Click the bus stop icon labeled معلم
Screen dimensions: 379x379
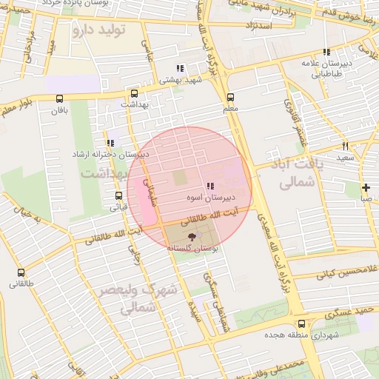(230, 97)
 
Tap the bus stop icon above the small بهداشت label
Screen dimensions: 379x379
(134, 94)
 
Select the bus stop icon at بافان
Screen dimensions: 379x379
(59, 98)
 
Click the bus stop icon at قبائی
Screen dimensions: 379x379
(118, 196)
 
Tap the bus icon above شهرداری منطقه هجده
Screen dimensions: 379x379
(301, 323)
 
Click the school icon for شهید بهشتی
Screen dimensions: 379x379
(180, 68)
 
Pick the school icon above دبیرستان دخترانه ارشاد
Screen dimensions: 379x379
(110, 142)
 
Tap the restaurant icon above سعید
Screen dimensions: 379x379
(345, 146)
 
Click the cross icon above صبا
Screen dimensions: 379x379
(366, 187)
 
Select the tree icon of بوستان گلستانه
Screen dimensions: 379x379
(192, 237)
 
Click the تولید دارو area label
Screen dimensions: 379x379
(99, 30)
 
